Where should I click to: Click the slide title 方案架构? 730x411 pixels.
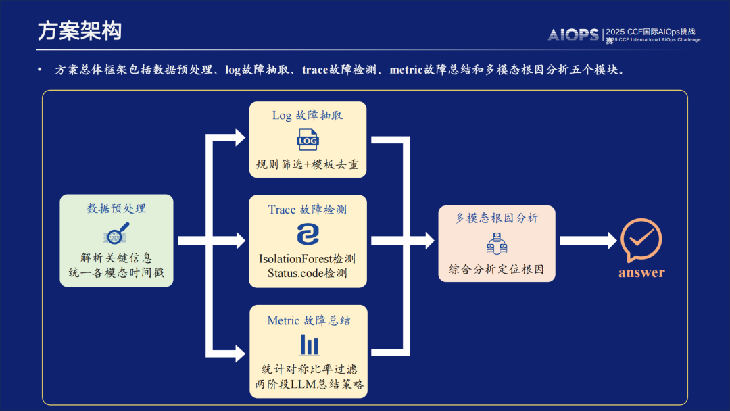click(x=80, y=31)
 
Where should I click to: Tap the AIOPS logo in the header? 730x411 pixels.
click(x=573, y=35)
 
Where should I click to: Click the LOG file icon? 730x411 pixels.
click(x=308, y=140)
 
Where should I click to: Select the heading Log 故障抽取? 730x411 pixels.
click(x=308, y=115)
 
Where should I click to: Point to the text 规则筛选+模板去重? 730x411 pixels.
click(x=308, y=164)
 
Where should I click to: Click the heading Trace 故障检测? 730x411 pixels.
click(x=308, y=210)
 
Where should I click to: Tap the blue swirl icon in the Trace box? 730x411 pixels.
click(x=308, y=234)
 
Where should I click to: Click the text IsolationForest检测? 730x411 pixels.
click(x=308, y=259)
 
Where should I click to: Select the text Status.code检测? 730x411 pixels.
click(x=308, y=273)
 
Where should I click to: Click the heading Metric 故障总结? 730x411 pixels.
click(x=309, y=320)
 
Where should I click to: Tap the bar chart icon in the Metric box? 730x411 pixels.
click(x=309, y=345)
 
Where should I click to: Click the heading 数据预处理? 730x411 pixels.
click(x=116, y=208)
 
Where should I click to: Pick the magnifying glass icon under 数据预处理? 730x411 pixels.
click(x=116, y=233)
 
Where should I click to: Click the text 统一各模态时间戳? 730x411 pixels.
click(x=116, y=272)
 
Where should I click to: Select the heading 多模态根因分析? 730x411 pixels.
click(x=497, y=218)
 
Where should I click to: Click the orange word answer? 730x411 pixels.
click(x=641, y=272)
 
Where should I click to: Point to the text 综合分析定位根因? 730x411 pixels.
click(x=497, y=268)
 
